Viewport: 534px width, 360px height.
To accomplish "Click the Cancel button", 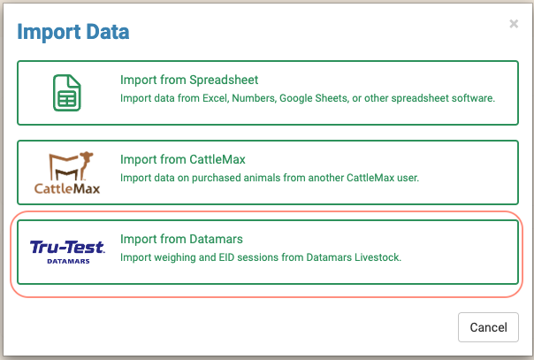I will click(488, 327).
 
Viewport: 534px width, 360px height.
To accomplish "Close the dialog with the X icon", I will click(514, 24).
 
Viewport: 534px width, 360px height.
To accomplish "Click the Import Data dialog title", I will click(73, 34).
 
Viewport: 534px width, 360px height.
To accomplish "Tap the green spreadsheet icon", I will click(64, 89).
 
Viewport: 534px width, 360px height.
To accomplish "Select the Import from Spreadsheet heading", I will click(189, 80).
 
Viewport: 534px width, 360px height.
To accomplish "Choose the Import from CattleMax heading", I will click(182, 159).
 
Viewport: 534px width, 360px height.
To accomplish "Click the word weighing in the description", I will click(181, 257).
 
